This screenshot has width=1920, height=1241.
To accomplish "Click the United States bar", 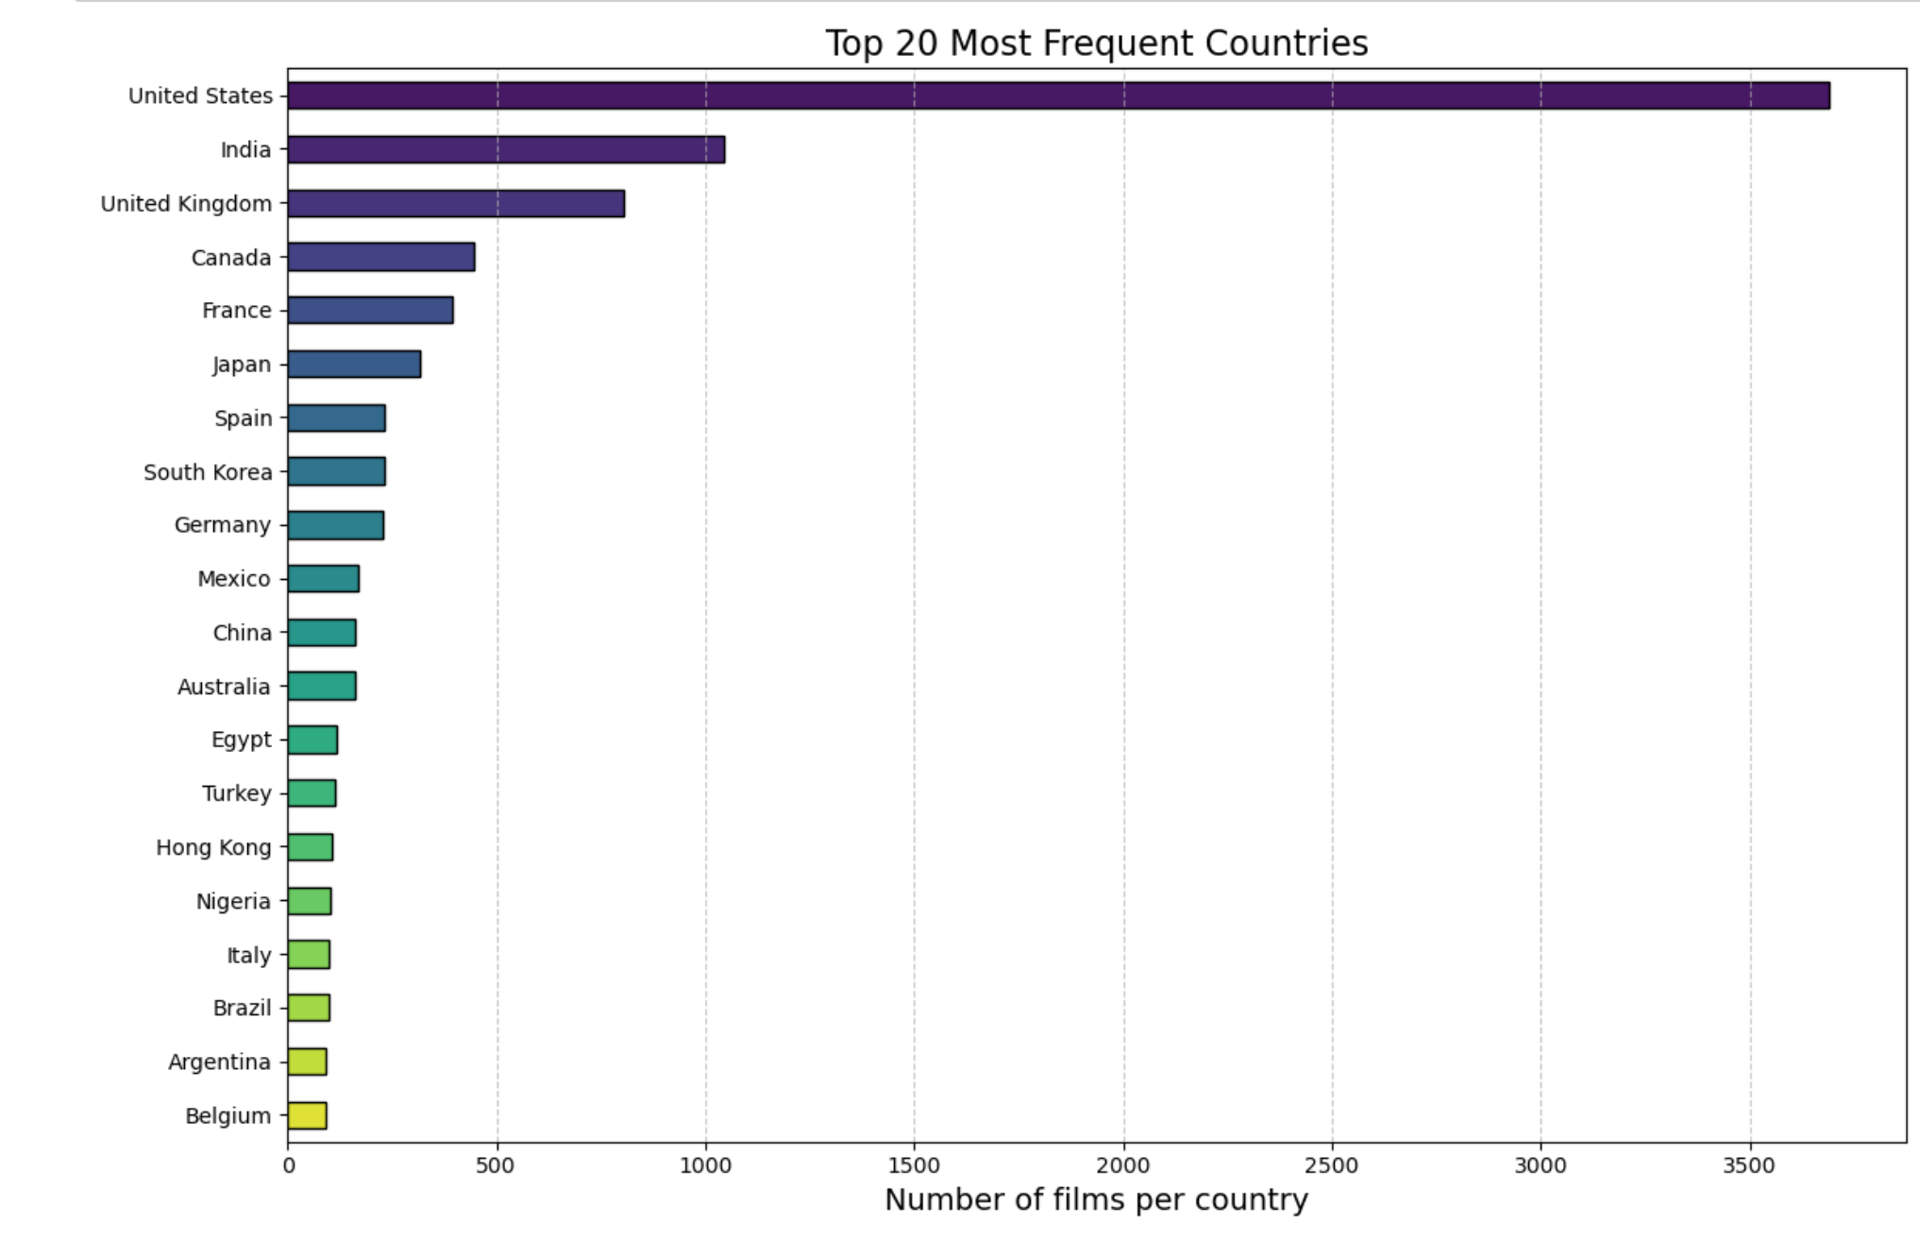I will coord(1057,95).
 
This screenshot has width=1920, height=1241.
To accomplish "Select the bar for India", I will coord(506,149).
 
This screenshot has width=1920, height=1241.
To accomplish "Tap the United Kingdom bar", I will coord(456,203).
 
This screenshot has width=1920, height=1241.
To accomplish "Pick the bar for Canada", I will coord(381,257).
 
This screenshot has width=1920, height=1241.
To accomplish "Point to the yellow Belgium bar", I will coord(308,1115).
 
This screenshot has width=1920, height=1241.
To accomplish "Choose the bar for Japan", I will coord(354,364).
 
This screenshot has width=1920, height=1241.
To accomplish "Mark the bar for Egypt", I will coord(312,739).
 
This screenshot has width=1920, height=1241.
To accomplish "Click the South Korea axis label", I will coord(208,472).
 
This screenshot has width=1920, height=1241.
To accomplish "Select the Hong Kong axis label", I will coord(213,847).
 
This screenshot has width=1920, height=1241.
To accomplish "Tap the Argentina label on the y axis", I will coord(219,1062).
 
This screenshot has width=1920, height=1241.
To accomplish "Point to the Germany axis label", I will coord(222,525).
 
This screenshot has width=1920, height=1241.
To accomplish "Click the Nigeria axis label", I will coord(233,902).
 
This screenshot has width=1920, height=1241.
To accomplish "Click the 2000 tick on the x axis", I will coord(1123,1165).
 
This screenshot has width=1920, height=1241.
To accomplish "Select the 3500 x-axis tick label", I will coord(1749,1165).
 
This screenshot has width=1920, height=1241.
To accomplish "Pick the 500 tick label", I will coord(497,1165).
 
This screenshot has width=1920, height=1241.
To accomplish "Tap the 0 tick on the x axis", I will coord(289,1165).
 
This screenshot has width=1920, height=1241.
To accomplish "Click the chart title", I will coord(1096,43).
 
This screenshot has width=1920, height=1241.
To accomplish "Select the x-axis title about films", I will coord(1096,1199).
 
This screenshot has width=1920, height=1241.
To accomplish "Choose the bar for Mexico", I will coord(324,579).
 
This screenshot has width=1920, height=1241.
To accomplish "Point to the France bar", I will coord(370,310).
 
